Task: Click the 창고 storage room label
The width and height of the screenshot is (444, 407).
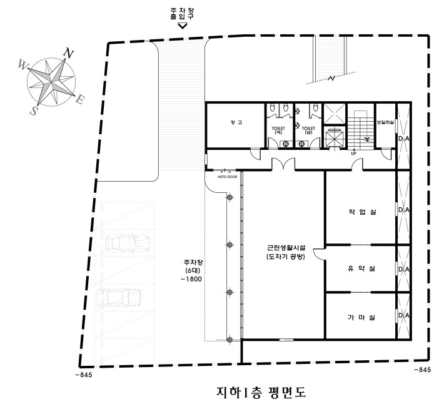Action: pos(236,123)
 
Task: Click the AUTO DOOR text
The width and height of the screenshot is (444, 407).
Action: pos(227,177)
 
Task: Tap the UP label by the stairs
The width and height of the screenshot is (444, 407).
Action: pos(353,154)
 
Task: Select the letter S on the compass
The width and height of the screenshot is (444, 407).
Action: pos(34,110)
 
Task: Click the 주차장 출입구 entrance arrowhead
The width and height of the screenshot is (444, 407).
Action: pos(183,26)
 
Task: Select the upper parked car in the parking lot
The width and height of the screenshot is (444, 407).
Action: pos(128,242)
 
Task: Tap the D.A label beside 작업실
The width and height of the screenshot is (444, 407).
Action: pos(403,210)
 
